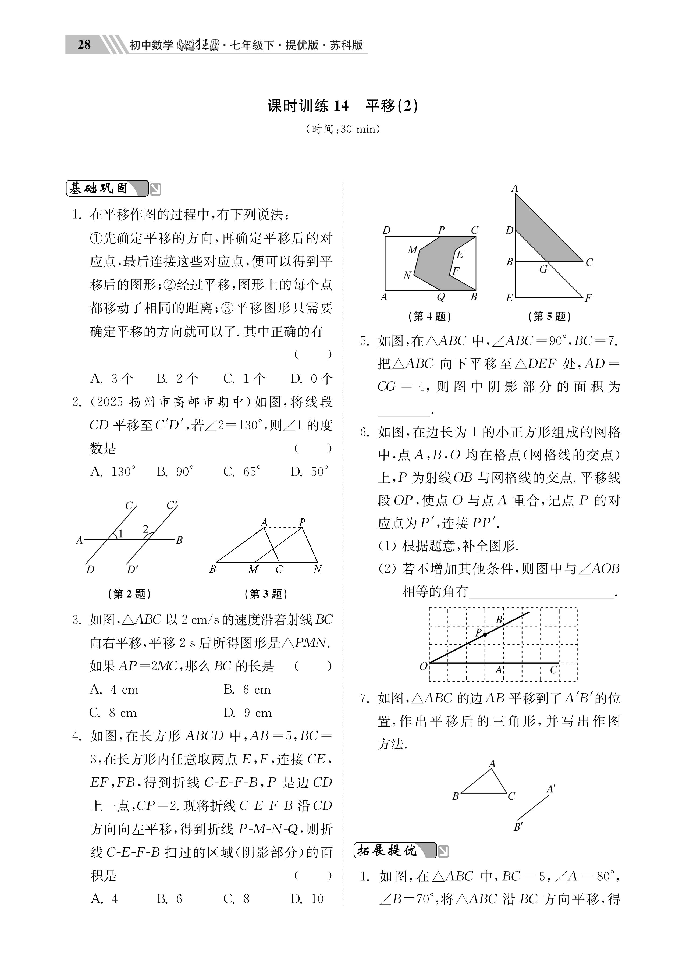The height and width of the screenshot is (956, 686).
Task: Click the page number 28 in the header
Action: pyautogui.click(x=84, y=45)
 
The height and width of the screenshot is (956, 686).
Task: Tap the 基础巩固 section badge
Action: pyautogui.click(x=107, y=189)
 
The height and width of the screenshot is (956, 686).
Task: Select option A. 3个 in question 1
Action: pyautogui.click(x=112, y=379)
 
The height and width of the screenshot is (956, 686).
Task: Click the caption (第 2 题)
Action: pyautogui.click(x=129, y=594)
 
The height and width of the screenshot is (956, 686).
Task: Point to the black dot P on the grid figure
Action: pyautogui.click(x=485, y=634)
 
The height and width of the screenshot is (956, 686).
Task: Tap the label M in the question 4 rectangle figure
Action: pyautogui.click(x=412, y=250)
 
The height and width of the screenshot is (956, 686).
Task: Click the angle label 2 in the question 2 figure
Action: pyautogui.click(x=145, y=529)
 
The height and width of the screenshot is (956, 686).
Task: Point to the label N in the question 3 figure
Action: pyautogui.click(x=318, y=570)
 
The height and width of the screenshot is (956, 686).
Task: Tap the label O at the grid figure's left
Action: pyautogui.click(x=423, y=666)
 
